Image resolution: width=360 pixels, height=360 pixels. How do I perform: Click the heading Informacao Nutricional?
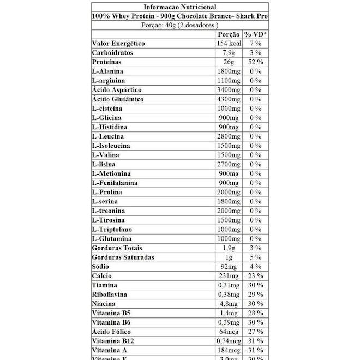click(179, 7)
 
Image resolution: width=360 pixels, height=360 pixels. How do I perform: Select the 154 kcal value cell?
click(229, 44)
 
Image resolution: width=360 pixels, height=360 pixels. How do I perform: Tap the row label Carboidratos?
click(112, 53)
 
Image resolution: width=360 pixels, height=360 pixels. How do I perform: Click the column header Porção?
click(229, 34)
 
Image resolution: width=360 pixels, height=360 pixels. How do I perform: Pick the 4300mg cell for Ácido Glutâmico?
click(229, 99)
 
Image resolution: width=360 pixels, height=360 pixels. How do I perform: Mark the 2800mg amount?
click(229, 136)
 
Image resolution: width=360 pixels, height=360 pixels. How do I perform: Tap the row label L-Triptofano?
click(112, 229)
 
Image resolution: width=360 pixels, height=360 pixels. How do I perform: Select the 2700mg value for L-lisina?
click(229, 164)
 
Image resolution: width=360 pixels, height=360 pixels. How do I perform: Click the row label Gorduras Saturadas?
click(123, 257)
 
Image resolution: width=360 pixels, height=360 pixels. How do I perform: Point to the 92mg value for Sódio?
click(229, 266)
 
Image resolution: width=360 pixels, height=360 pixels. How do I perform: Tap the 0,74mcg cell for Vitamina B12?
click(229, 341)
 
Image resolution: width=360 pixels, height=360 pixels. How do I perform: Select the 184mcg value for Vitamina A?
click(229, 350)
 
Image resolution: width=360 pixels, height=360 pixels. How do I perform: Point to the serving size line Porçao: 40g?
click(179, 25)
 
